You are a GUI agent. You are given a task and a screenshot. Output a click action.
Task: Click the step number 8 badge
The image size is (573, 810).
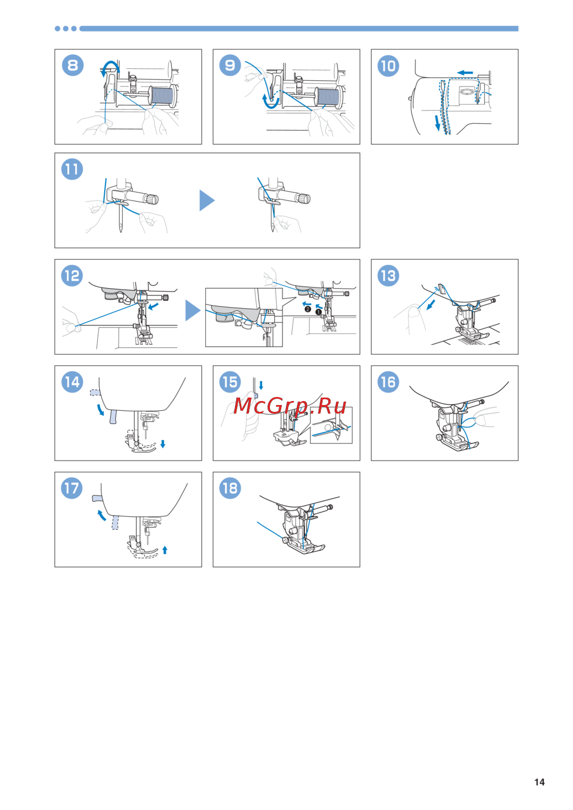point(73,65)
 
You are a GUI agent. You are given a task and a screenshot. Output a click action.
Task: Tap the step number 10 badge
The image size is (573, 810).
point(388,65)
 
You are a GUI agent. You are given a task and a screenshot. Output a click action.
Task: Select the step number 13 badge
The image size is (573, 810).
point(388,276)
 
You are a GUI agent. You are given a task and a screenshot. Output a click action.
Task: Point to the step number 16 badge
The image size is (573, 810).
point(388,382)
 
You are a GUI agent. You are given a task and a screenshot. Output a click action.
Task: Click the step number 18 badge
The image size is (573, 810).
point(230,488)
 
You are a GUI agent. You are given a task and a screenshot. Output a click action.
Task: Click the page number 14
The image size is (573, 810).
point(539,782)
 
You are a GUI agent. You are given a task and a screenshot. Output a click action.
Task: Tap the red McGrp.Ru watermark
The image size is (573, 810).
point(289,406)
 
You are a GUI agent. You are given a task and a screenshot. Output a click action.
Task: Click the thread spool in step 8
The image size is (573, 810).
point(162,96)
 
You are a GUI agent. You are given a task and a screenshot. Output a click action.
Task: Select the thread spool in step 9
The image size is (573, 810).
point(328,97)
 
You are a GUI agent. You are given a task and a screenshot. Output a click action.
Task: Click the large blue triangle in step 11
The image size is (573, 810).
point(206,200)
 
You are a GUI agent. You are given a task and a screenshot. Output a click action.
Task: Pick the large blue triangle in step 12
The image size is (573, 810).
point(192,310)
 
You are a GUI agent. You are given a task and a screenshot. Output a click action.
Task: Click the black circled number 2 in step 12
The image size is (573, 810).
point(308,309)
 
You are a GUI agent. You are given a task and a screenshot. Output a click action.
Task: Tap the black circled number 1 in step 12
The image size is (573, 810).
point(319,312)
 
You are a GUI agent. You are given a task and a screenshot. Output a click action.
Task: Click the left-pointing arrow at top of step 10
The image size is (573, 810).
point(465,73)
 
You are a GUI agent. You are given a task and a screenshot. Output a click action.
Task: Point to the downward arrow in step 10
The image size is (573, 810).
point(437,123)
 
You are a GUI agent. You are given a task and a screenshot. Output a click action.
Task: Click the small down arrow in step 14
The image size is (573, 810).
point(163,444)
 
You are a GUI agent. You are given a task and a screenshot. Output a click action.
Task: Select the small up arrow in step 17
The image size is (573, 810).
point(165,550)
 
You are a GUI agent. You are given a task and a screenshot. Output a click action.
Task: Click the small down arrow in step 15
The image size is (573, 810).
point(261,385)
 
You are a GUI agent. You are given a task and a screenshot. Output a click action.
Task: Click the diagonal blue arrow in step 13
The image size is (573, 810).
point(431,305)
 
